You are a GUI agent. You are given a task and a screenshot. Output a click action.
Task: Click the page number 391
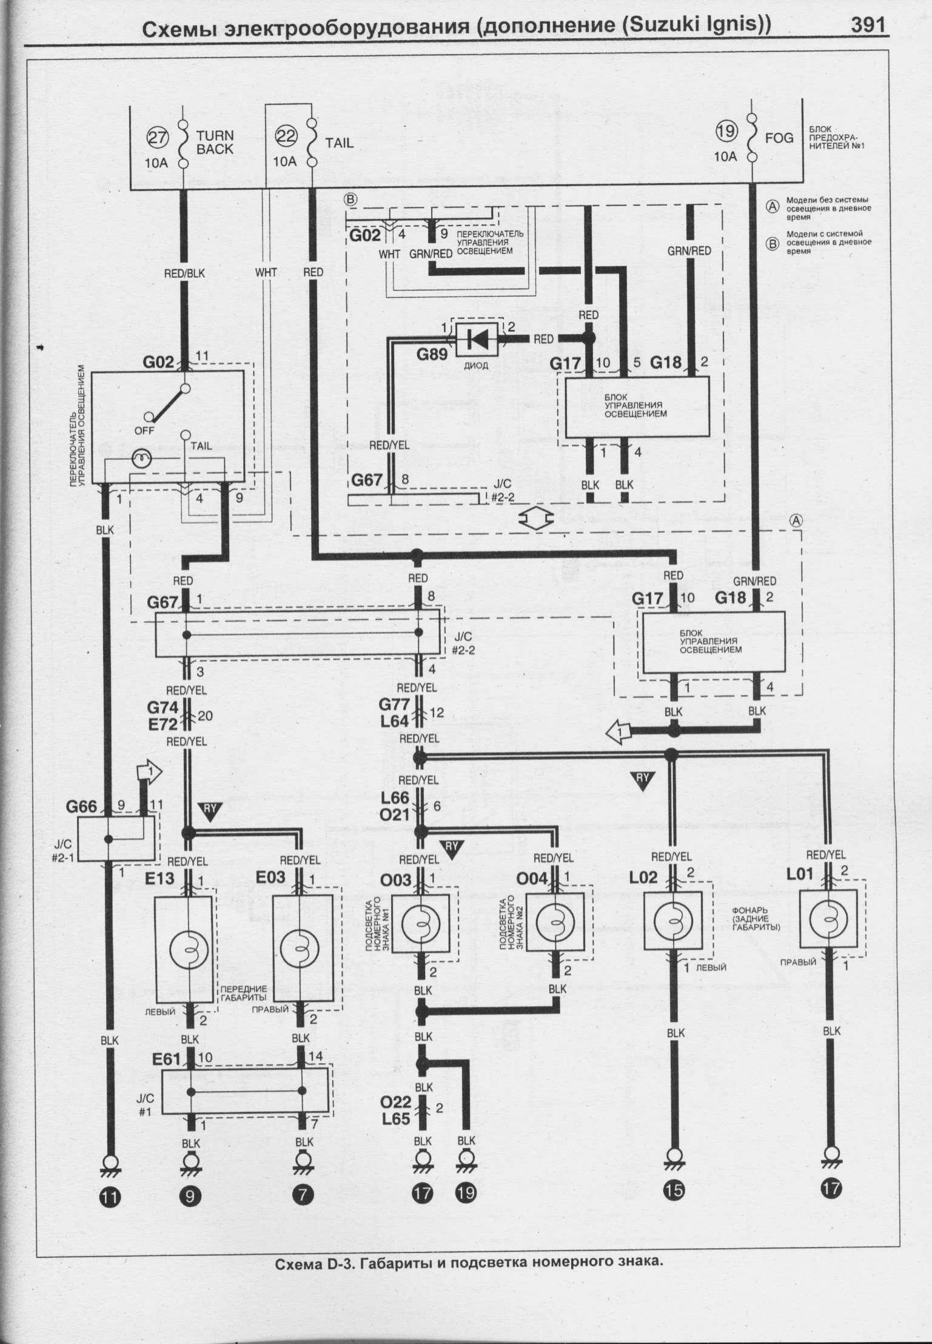pos(868,26)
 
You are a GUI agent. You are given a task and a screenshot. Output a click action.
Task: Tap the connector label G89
pos(432,352)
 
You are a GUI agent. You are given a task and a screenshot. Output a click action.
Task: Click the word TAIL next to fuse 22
pos(339,143)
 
